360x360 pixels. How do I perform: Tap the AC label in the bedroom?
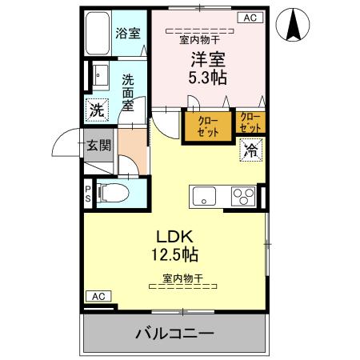coord(249,18)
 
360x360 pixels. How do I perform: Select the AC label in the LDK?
coord(98,296)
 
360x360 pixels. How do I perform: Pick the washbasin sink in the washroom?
coord(99,77)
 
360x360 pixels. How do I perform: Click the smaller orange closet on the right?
coord(250,122)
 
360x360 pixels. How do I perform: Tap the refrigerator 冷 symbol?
coord(250,149)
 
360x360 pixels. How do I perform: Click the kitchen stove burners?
coord(243,196)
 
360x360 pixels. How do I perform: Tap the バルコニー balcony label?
coord(174,333)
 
